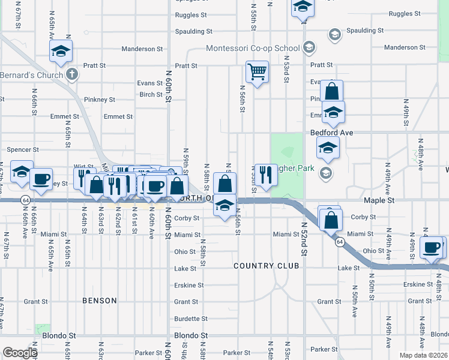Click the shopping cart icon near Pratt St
(257, 72)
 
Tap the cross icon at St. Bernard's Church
(71, 75)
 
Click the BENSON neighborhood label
(100, 301)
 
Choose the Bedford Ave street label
(332, 132)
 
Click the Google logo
(20, 353)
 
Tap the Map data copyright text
(423, 355)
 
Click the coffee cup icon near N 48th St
(430, 247)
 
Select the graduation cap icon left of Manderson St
(61, 52)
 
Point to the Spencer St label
(22, 149)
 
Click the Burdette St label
(190, 319)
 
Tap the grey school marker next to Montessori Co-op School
(309, 47)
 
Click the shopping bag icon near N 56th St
(224, 183)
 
